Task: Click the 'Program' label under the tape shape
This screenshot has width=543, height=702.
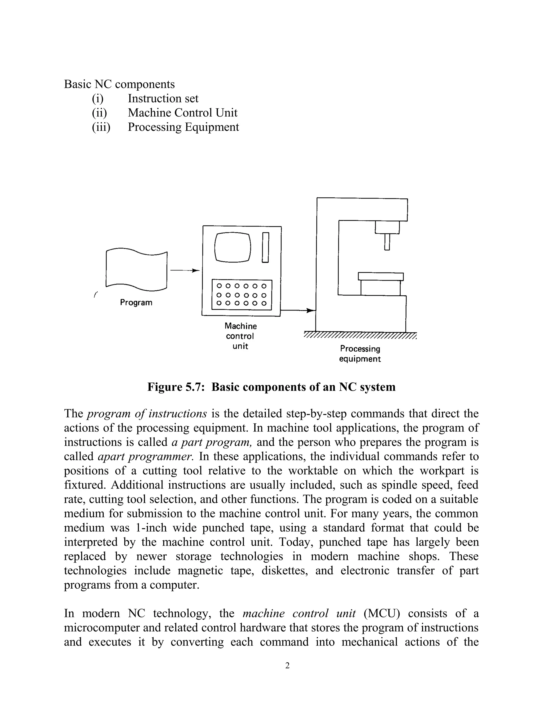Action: pos(136,303)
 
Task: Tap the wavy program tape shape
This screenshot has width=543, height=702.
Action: pos(136,270)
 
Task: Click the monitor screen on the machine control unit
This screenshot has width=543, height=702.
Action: pos(233,247)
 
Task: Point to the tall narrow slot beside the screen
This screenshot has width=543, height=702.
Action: pos(265,247)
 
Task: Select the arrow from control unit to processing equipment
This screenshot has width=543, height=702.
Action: pos(298,310)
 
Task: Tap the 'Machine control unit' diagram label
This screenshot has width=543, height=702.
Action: pos(241,336)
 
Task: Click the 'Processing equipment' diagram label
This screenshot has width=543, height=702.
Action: pos(360,354)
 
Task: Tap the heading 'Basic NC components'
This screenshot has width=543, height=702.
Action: pos(119,84)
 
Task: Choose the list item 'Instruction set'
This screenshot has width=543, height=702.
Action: pos(163,98)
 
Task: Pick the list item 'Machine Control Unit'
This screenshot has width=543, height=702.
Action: pos(182,113)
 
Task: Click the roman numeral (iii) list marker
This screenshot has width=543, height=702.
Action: pos(101,127)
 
